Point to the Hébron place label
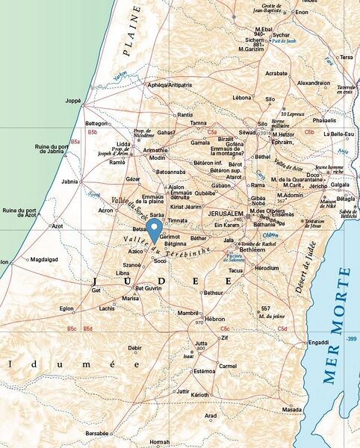pyautogui.click(x=215, y=319)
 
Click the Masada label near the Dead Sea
pyautogui.click(x=293, y=410)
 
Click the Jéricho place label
pyautogui.click(x=319, y=196)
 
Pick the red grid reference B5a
pyautogui.click(x=75, y=141)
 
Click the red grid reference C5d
pyautogui.click(x=282, y=329)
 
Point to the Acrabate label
pyautogui.click(x=276, y=74)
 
